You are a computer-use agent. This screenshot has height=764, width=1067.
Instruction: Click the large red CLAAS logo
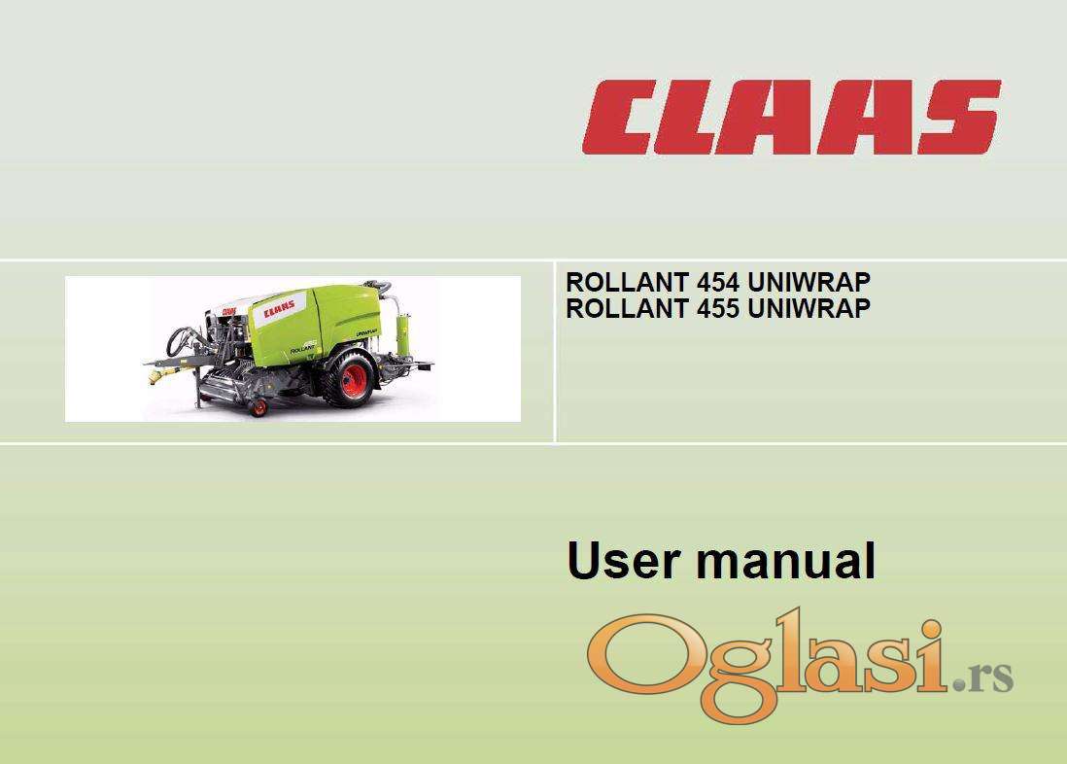(791, 117)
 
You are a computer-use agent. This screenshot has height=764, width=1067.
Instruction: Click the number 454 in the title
(718, 282)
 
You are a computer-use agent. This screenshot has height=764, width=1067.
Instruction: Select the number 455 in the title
(718, 308)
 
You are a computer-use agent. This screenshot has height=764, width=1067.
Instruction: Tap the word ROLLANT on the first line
(628, 282)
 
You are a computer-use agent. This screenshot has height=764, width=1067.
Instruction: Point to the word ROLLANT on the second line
(628, 308)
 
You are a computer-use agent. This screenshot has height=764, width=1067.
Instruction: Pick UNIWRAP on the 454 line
(809, 282)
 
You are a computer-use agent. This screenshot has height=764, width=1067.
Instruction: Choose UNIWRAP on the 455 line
(809, 308)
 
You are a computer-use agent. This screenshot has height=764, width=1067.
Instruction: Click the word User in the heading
(623, 561)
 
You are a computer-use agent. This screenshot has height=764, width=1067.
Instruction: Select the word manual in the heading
(785, 561)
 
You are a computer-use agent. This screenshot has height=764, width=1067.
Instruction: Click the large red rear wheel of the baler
(353, 381)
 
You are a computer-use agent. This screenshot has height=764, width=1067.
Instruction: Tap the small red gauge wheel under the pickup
(258, 408)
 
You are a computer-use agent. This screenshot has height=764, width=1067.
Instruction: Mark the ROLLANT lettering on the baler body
(302, 350)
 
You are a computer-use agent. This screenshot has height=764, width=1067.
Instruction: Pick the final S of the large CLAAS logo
(958, 117)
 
